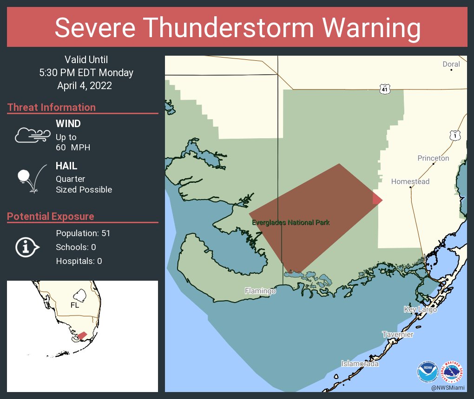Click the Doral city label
(x=451, y=64)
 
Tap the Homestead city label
(x=410, y=181)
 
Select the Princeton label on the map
(x=433, y=158)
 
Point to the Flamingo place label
(x=261, y=291)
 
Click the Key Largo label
(x=420, y=309)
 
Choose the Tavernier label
(x=397, y=335)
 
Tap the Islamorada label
(x=360, y=364)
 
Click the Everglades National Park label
(x=291, y=223)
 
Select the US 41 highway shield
(x=384, y=89)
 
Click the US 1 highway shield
(x=455, y=135)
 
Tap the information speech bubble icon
(x=27, y=247)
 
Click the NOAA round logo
(x=427, y=372)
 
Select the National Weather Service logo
(x=453, y=372)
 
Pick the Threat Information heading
(x=52, y=107)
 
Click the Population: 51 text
(x=83, y=233)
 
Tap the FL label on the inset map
(x=75, y=305)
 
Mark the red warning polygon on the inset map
(x=82, y=335)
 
